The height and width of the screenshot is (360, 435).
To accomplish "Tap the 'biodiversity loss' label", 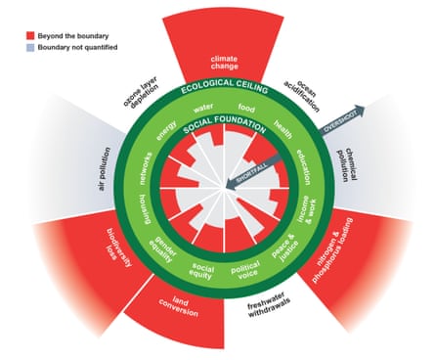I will coord(122,252).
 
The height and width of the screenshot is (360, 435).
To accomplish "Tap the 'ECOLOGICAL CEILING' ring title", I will coord(217,89).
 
